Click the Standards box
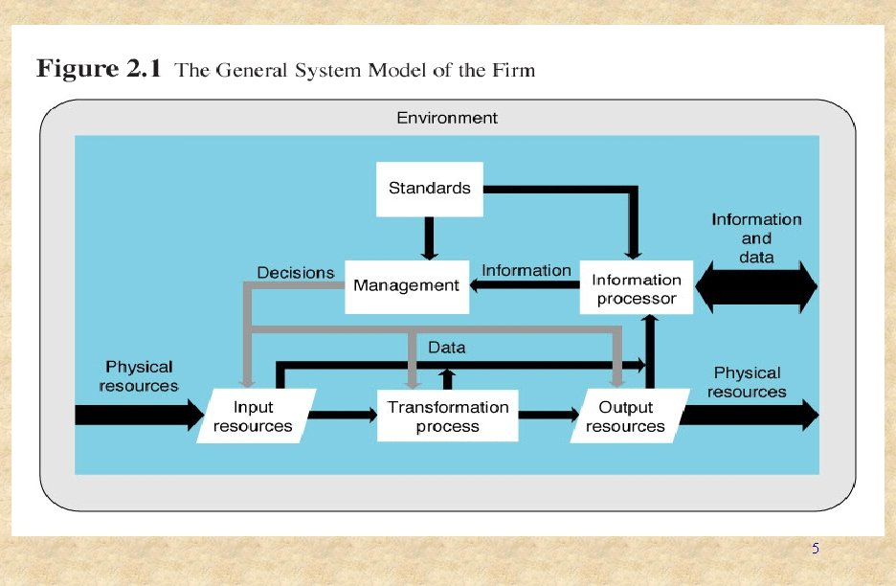(429, 189)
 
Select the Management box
(407, 285)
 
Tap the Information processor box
(637, 288)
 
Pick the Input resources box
(253, 417)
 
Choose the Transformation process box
(448, 417)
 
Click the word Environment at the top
(447, 118)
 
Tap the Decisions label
(295, 273)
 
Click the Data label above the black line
(446, 348)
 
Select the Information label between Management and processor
(526, 270)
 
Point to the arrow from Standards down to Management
(430, 238)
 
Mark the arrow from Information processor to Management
(525, 286)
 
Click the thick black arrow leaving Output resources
(752, 416)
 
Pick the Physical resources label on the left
(139, 375)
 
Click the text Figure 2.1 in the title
(100, 70)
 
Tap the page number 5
(815, 549)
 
